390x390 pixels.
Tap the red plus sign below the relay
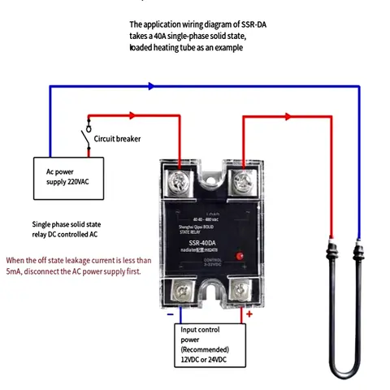pos(249,313)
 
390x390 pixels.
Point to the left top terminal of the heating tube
pos(331,249)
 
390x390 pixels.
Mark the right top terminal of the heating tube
pos(358,249)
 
